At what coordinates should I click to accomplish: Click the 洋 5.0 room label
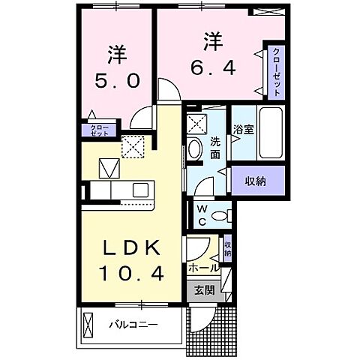click(115, 67)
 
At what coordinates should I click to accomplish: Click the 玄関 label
click(204, 290)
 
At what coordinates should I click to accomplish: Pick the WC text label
click(202, 214)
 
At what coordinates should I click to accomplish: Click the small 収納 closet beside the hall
click(227, 247)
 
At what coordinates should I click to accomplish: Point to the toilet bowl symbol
click(219, 216)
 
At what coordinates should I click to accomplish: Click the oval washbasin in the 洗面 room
click(196, 148)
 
